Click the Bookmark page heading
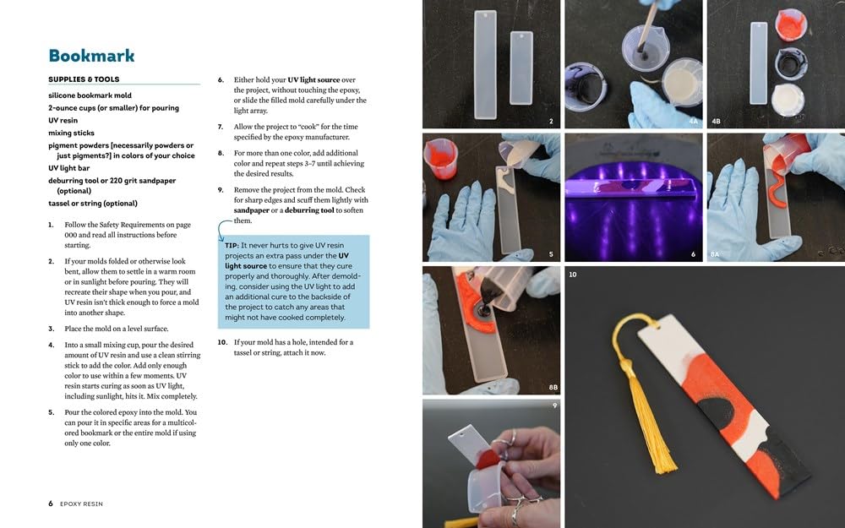(91, 56)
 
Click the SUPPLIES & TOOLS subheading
(84, 79)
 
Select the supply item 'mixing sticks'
(72, 133)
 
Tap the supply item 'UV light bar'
(72, 168)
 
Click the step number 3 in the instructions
(52, 329)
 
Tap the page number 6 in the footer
(51, 504)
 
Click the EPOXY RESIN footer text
(81, 504)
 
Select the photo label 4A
(693, 122)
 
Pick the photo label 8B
(552, 388)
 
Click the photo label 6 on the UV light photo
(693, 254)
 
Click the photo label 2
(551, 122)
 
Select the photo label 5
(551, 254)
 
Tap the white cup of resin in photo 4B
(788, 99)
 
